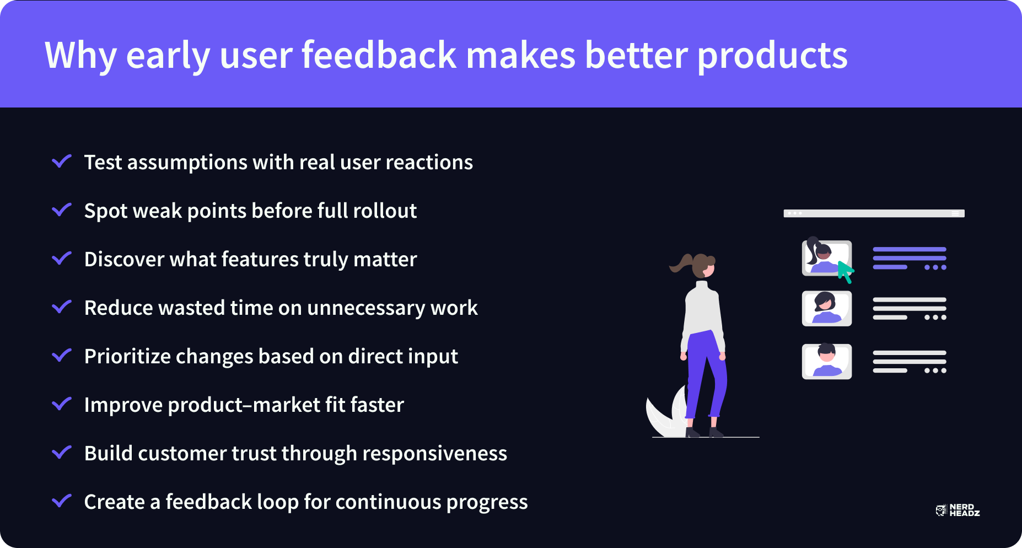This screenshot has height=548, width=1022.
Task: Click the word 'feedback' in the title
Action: point(379,55)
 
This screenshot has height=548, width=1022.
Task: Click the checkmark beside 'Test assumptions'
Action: point(62,161)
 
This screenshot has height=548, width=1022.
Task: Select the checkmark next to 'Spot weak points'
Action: point(62,209)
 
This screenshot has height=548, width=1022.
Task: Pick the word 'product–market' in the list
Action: point(244,405)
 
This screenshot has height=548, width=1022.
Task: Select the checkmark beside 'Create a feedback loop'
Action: point(62,501)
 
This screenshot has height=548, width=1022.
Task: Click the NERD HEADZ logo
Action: point(958,510)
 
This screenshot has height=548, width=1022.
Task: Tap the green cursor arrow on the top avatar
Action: point(845,271)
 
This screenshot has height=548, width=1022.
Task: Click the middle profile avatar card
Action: point(827,309)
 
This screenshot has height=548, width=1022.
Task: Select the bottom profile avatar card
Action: point(827,362)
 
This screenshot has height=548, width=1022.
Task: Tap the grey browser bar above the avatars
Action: point(874,213)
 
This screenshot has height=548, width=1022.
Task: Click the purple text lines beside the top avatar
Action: point(910,258)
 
